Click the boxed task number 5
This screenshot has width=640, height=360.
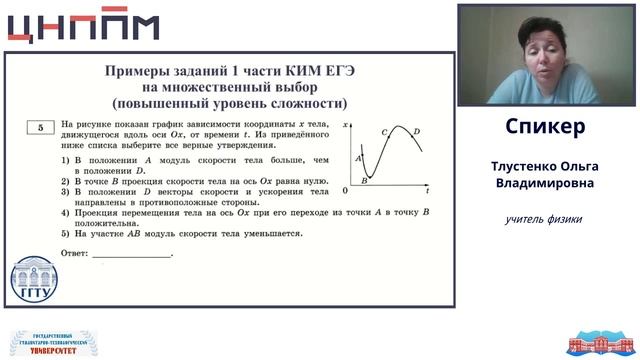[39, 127]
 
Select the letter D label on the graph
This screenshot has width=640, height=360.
[416, 131]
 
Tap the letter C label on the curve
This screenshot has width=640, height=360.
[384, 132]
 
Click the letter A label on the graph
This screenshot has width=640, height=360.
[358, 158]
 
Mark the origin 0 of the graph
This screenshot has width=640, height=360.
[345, 190]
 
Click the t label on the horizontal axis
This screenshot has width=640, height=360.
[427, 190]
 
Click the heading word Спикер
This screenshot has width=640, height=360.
[545, 127]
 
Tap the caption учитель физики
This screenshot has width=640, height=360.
[545, 219]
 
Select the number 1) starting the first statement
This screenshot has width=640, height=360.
[65, 160]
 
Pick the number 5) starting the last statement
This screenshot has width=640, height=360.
[65, 233]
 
